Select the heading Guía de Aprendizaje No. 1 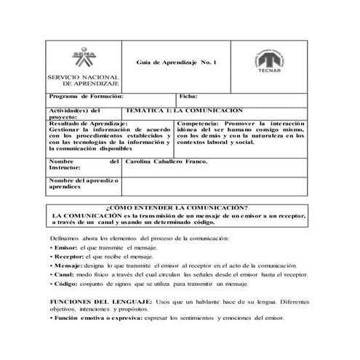click(x=181, y=63)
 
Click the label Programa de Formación click(x=86, y=97)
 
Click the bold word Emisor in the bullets click(x=64, y=248)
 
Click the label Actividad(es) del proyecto click(x=73, y=113)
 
